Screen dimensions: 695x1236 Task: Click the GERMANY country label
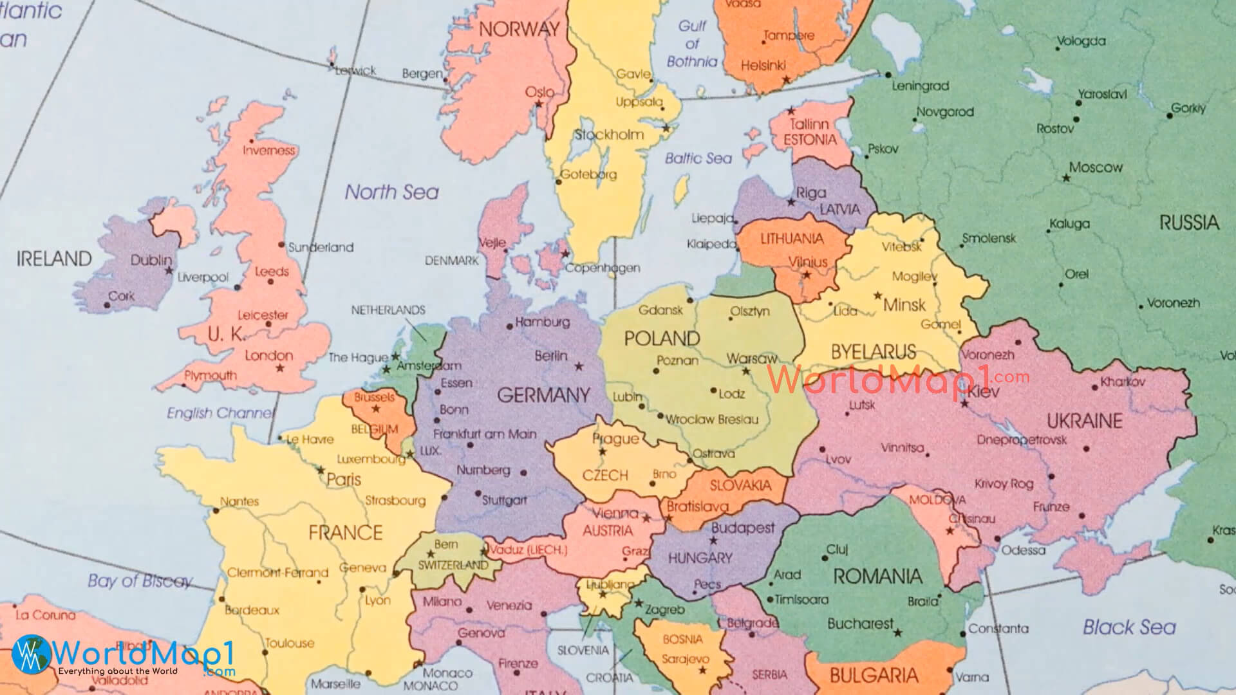click(x=543, y=394)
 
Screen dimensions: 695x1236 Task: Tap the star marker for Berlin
click(x=579, y=366)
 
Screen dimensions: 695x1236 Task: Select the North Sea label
click(x=391, y=192)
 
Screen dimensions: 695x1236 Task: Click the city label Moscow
click(x=1096, y=167)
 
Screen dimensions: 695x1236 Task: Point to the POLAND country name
click(x=662, y=338)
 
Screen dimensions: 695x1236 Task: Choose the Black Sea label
click(x=1129, y=627)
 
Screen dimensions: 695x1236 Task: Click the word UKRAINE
click(x=1085, y=421)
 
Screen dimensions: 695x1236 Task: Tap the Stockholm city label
click(x=608, y=134)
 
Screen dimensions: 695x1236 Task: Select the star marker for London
click(x=280, y=368)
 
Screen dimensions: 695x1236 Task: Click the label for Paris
click(x=344, y=479)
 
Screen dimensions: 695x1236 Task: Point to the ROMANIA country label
click(x=877, y=575)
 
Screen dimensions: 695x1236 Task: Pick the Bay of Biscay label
click(x=140, y=580)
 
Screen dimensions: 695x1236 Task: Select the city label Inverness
click(x=268, y=151)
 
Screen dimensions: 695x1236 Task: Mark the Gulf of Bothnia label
click(x=692, y=44)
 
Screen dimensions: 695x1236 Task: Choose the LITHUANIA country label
click(x=792, y=239)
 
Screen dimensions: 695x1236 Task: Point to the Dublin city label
click(x=151, y=260)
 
